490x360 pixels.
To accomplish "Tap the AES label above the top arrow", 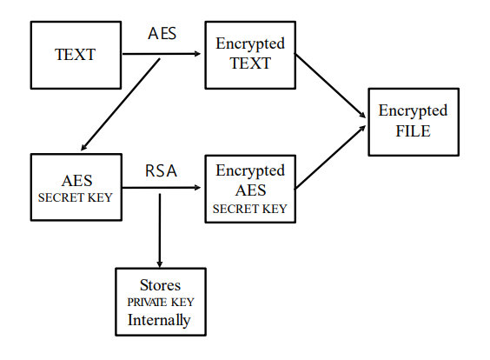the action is click(162, 33).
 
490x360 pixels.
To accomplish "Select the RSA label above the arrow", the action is click(161, 170).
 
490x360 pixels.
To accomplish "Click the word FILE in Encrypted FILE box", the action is click(414, 131).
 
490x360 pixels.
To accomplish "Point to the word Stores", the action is click(160, 285).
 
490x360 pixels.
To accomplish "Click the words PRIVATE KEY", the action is click(161, 302).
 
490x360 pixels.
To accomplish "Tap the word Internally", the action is click(159, 320).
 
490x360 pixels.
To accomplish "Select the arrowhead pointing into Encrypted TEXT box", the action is click(197, 54).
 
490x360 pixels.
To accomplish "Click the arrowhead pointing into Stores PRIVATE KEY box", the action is click(160, 264).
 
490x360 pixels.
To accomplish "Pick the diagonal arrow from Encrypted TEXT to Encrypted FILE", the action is click(330, 86).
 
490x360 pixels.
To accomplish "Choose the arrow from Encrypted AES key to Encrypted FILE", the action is click(330, 157).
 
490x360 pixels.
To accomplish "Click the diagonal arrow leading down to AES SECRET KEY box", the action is click(120, 104).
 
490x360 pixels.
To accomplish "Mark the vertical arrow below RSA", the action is click(160, 230).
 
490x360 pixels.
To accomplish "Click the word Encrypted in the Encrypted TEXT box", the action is click(250, 43).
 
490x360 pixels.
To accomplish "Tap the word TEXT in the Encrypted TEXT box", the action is click(250, 63).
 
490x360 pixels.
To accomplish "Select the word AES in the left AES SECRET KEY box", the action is click(76, 181).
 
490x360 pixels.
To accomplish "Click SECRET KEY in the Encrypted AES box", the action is click(249, 209).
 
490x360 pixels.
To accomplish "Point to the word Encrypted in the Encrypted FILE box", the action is click(413, 111).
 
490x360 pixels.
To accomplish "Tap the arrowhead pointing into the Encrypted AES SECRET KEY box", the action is click(197, 188).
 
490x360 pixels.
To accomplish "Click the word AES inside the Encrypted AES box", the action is click(250, 190).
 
